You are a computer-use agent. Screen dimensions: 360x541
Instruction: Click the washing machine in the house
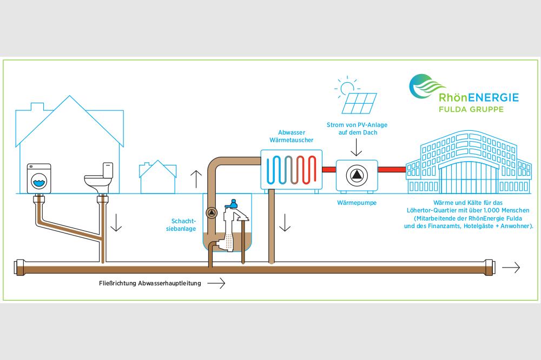39,178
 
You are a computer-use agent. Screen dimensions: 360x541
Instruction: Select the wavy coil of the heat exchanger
292,170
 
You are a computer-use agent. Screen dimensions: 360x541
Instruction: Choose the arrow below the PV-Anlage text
356,146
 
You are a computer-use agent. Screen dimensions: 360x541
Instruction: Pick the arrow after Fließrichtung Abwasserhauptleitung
216,283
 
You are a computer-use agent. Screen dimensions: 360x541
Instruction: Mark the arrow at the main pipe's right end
511,267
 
